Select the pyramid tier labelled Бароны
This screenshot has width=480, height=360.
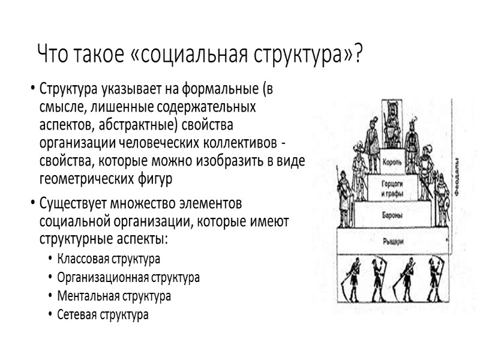(391, 213)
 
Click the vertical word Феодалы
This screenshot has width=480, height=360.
(457, 174)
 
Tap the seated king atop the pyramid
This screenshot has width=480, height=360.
(392, 123)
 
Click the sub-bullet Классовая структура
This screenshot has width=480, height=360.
(109, 260)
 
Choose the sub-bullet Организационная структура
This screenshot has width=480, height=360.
(128, 278)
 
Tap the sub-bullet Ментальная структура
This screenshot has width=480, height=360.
(114, 296)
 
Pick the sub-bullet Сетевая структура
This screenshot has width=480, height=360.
(103, 314)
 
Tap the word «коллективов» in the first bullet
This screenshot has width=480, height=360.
(239, 144)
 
